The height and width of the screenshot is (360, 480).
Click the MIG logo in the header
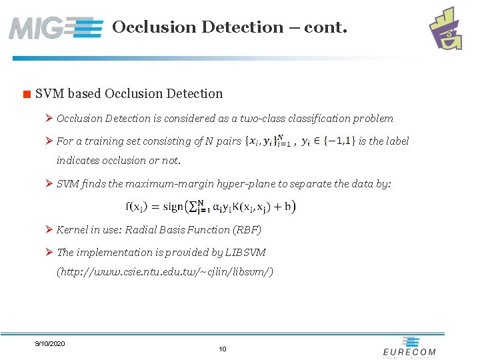pyautogui.click(x=56, y=27)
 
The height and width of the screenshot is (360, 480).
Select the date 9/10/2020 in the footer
pyautogui.click(x=50, y=343)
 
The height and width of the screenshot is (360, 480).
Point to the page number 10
pyautogui.click(x=223, y=349)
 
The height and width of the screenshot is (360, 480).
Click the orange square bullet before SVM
pyautogui.click(x=27, y=95)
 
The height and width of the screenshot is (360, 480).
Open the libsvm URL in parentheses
pyautogui.click(x=165, y=272)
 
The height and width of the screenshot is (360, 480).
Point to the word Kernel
pyautogui.click(x=73, y=230)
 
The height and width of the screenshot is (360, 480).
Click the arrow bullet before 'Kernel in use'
pyautogui.click(x=49, y=230)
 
